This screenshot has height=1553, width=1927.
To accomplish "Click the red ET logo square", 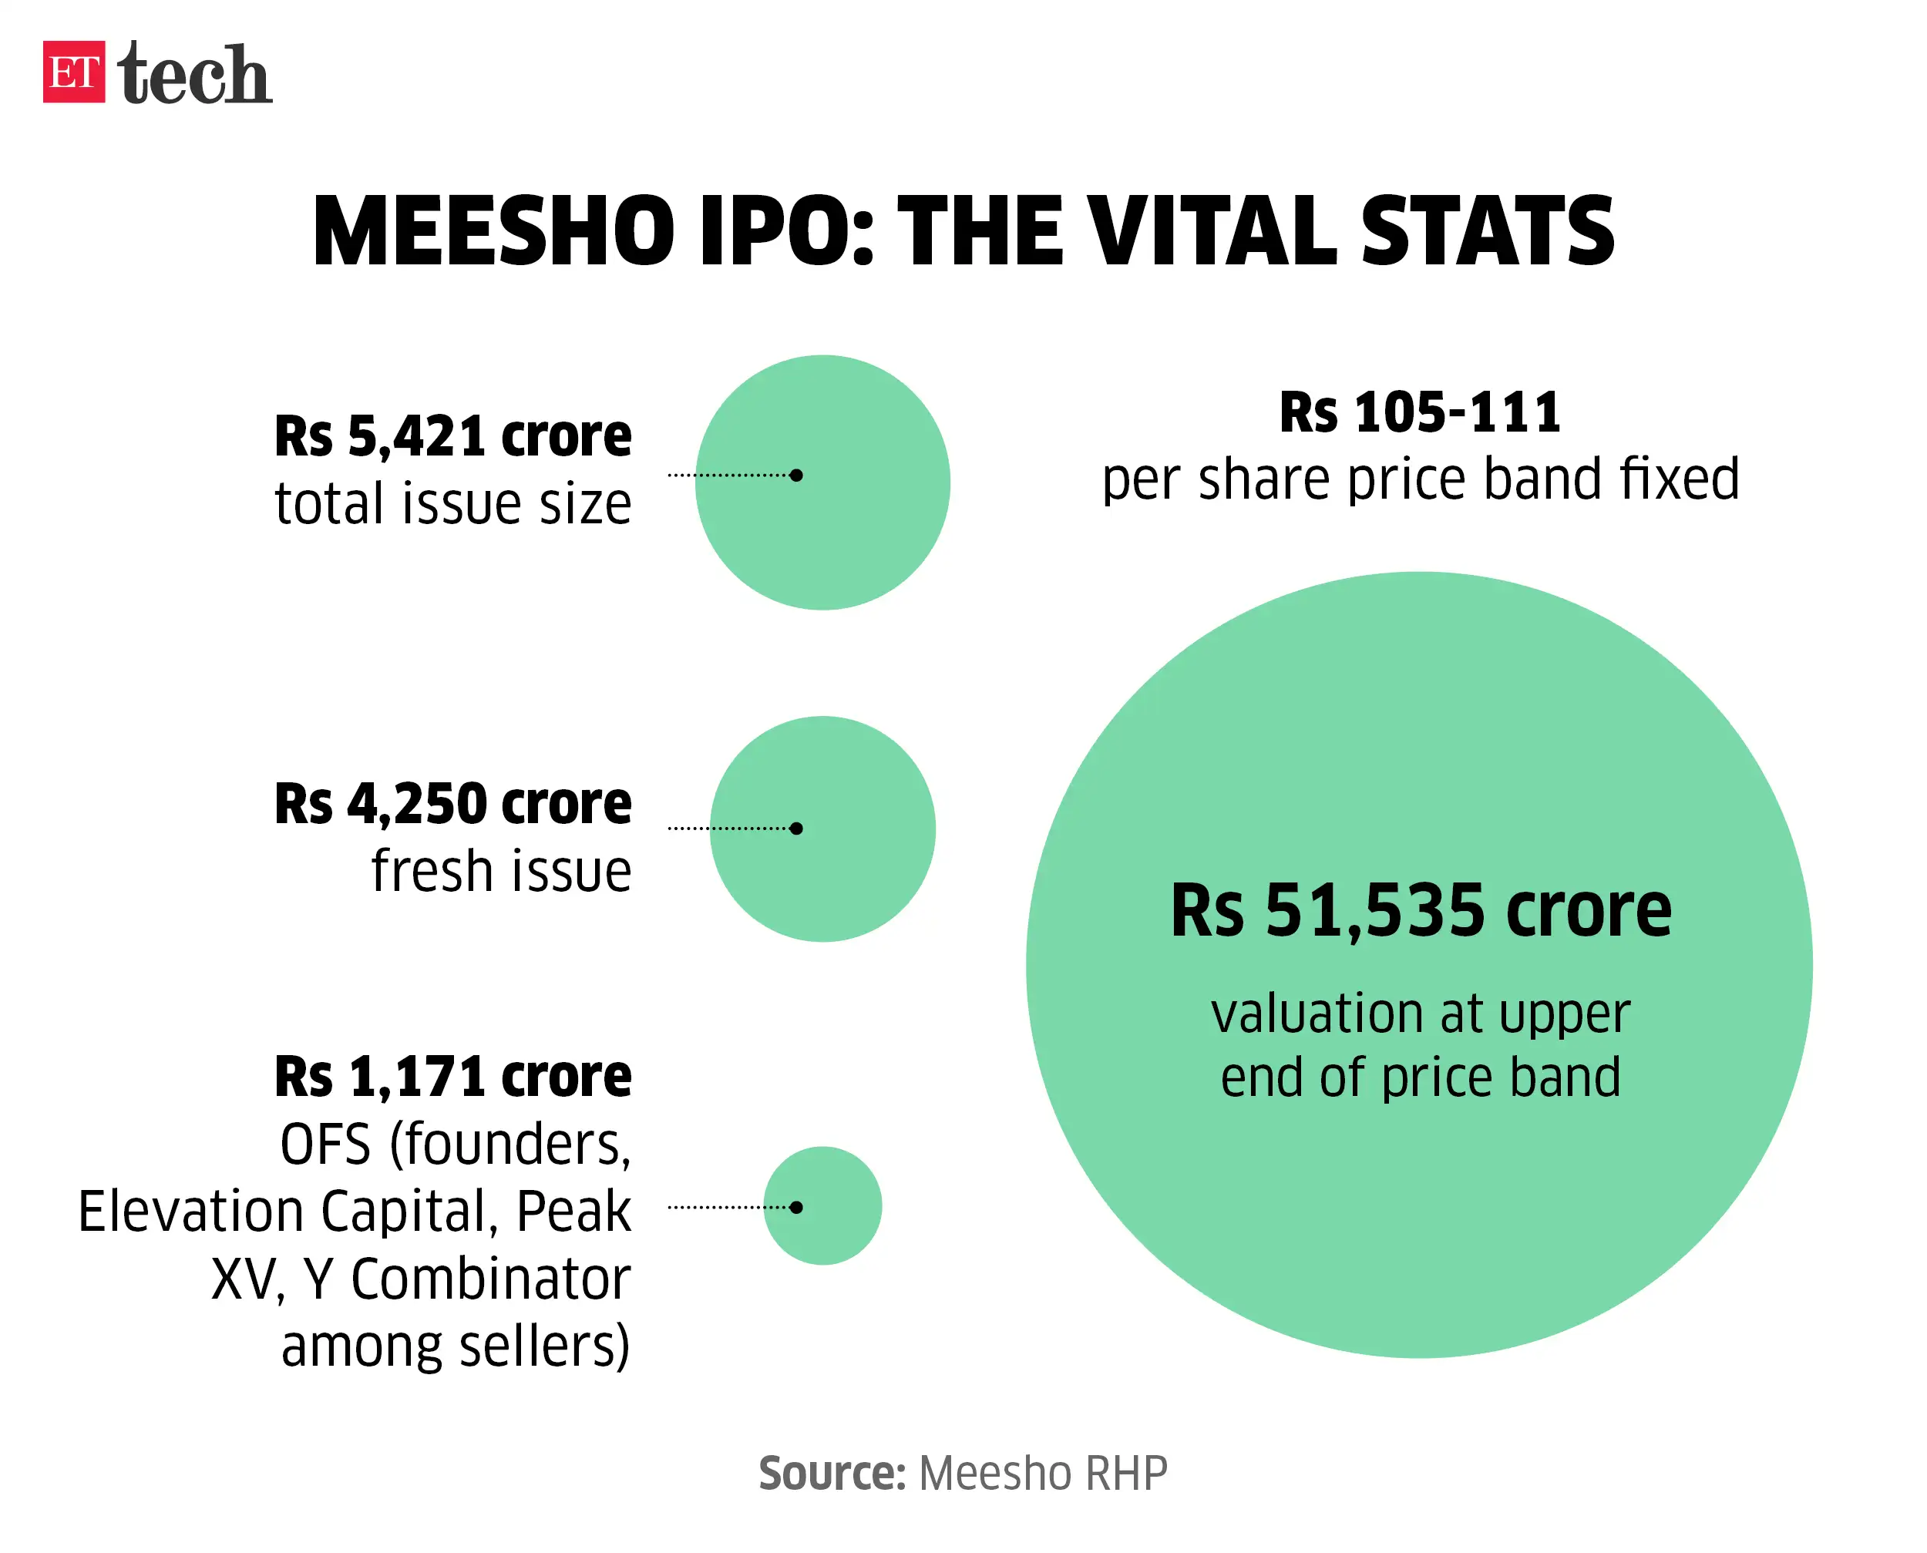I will tap(73, 72).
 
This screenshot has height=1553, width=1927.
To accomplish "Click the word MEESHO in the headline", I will tap(493, 232).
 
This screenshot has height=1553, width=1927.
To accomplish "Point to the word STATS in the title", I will tap(1487, 232).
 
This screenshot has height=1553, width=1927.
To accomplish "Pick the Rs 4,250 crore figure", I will tap(452, 803).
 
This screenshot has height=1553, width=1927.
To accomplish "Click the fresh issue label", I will tap(501, 872).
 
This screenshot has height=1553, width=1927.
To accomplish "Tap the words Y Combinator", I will tap(467, 1279).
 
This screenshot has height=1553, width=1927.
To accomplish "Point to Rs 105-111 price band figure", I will tap(1420, 412).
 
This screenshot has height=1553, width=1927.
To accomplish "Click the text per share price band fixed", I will tap(1420, 479).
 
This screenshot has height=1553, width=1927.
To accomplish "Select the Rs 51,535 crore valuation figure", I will tap(1420, 911).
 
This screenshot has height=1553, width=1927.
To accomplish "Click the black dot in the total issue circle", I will tap(796, 475).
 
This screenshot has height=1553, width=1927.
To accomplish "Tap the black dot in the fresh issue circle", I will tap(796, 829).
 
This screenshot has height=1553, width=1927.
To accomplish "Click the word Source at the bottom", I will tap(832, 1474).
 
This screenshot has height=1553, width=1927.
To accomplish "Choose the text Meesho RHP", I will tap(1043, 1474).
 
